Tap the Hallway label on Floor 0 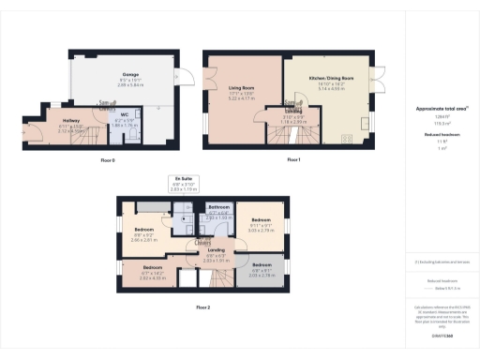pyautogui.click(x=71, y=121)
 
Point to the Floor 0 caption pyautogui.click(x=107, y=160)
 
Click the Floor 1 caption pyautogui.click(x=293, y=160)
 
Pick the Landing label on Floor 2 pyautogui.click(x=217, y=250)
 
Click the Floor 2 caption pyautogui.click(x=202, y=307)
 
